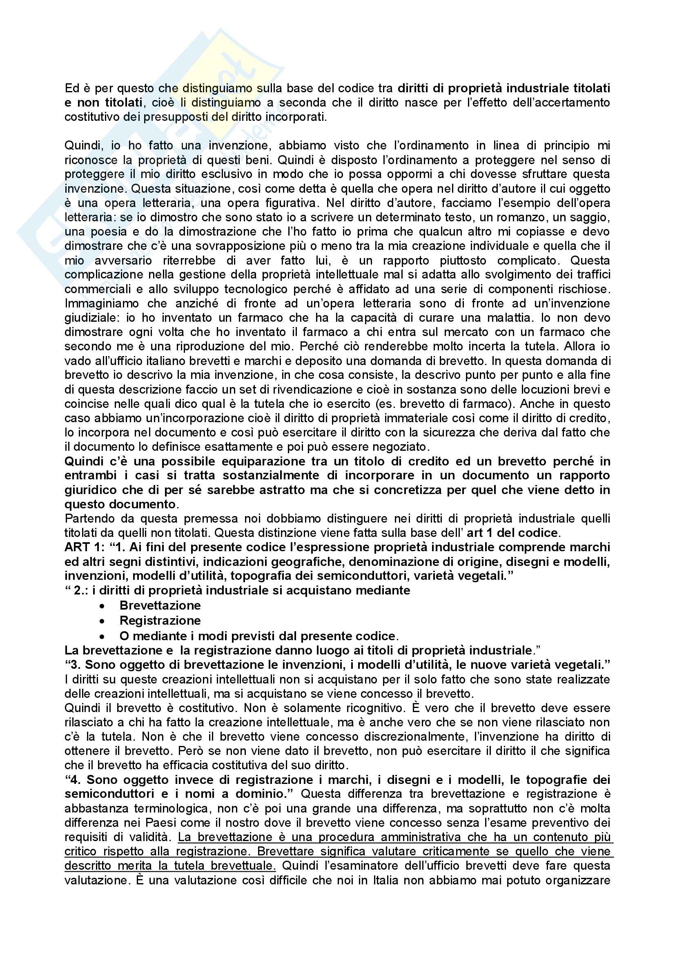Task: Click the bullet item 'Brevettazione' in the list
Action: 160,605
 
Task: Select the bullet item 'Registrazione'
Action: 160,621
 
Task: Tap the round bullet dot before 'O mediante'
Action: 102,637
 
